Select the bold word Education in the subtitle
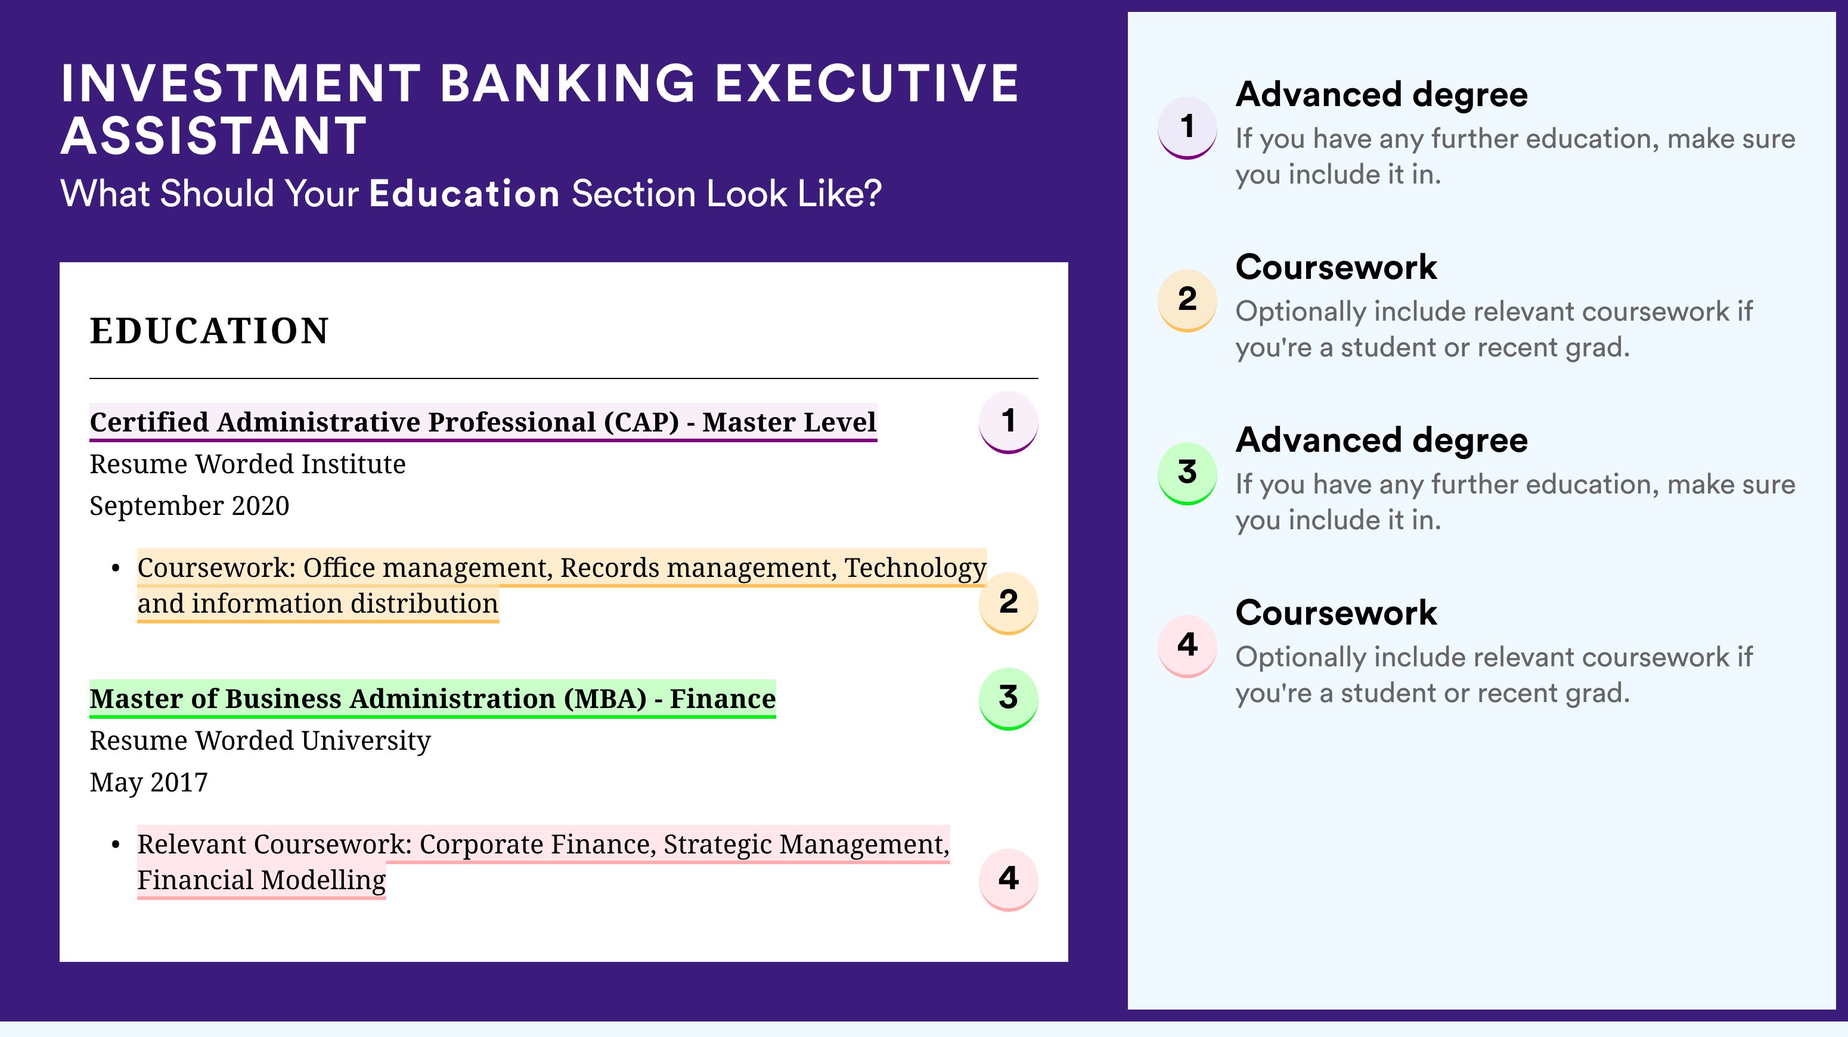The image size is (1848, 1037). click(464, 194)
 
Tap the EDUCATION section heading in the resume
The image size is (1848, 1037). click(209, 331)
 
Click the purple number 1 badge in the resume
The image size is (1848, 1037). click(1008, 422)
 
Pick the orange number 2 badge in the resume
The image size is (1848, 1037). click(1008, 603)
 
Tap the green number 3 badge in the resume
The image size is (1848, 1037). click(1008, 698)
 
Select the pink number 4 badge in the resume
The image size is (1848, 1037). click(1008, 879)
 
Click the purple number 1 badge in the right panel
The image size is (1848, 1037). click(1187, 128)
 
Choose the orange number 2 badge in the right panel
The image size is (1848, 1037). click(1187, 300)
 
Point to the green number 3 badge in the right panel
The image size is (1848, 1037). click(1187, 473)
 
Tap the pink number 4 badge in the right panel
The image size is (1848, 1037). click(1187, 646)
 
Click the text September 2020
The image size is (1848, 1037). click(190, 505)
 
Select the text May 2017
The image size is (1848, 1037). click(148, 783)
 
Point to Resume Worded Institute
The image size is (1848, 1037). click(247, 464)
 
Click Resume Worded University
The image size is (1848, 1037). click(261, 740)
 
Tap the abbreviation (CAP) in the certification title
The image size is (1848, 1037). click(641, 423)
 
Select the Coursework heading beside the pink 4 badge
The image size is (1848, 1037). click(1336, 613)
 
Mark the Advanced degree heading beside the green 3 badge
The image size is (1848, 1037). click(1382, 440)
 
